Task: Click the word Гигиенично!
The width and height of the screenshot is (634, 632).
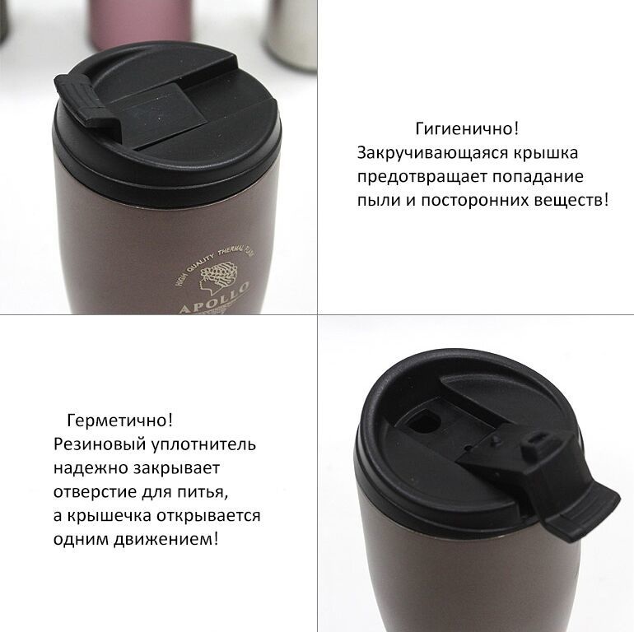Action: (467, 129)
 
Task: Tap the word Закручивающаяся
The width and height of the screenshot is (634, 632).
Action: (432, 153)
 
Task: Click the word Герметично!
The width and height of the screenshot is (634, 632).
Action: (120, 421)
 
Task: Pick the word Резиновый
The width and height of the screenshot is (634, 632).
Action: (100, 444)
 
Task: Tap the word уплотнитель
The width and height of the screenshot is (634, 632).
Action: (204, 444)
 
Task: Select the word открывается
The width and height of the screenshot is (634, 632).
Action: (208, 516)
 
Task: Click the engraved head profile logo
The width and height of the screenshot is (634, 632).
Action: (215, 276)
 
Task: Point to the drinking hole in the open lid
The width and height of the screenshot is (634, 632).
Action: (422, 421)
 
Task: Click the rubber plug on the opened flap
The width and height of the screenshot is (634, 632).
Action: (537, 441)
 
